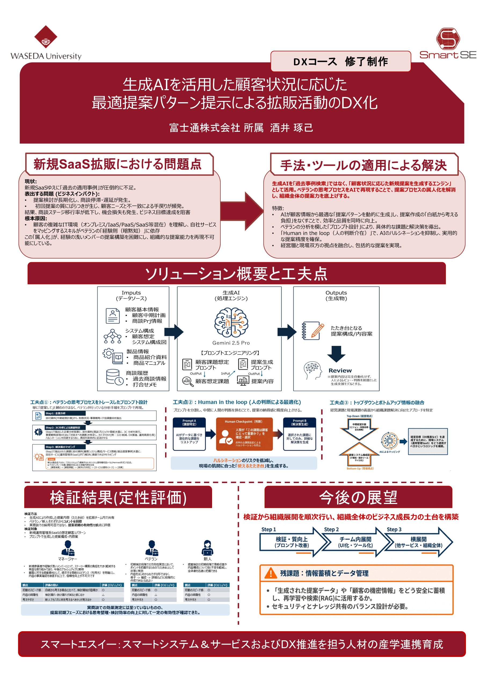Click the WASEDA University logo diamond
click(x=46, y=36)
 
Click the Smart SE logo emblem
click(x=448, y=39)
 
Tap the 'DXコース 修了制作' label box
click(x=340, y=62)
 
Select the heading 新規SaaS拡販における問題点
click(x=118, y=164)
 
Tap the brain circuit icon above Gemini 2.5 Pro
click(x=231, y=322)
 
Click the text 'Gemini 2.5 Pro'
click(x=231, y=343)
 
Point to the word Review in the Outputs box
click(x=340, y=370)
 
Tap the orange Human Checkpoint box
click(x=244, y=434)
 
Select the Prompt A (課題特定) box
click(x=189, y=434)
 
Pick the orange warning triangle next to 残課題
click(x=271, y=573)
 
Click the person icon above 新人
click(x=207, y=548)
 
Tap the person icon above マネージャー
click(x=68, y=548)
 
